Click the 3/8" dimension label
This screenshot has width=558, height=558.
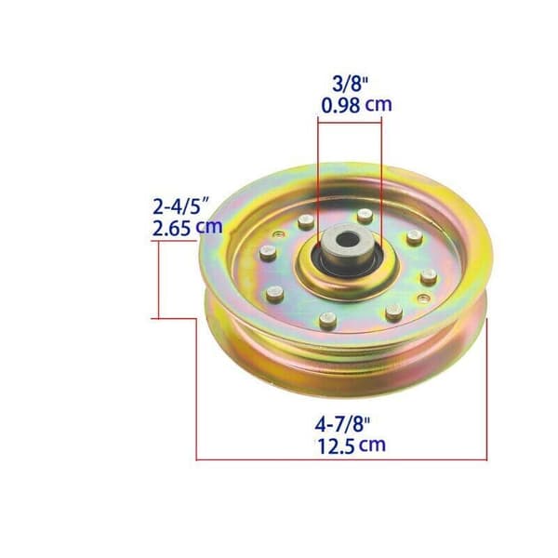(350, 84)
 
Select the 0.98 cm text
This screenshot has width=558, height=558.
(356, 105)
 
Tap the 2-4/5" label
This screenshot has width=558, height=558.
(180, 206)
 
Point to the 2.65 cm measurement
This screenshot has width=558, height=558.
(187, 228)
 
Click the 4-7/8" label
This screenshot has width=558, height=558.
(342, 424)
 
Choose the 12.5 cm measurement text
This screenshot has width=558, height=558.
(352, 445)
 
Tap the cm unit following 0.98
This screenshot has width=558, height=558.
(379, 105)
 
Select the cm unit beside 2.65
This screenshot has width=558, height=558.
(209, 228)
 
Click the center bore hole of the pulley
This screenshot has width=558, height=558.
(347, 240)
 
